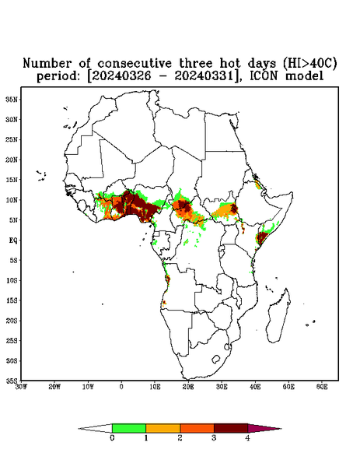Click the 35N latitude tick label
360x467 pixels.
point(12,100)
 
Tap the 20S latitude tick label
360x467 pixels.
point(12,321)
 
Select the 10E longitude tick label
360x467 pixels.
point(155,387)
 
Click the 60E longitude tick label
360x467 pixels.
point(322,387)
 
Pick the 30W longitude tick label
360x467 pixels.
point(21,387)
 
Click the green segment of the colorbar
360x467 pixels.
point(129,428)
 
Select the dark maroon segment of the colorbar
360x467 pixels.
point(231,428)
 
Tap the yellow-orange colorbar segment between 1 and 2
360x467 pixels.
point(163,428)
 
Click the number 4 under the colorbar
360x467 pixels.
point(247,438)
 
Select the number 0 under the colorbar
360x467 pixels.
point(112,438)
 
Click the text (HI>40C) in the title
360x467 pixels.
point(309,64)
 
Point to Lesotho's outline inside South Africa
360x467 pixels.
point(215,359)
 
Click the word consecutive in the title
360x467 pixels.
point(135,64)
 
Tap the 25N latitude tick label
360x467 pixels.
point(12,139)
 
